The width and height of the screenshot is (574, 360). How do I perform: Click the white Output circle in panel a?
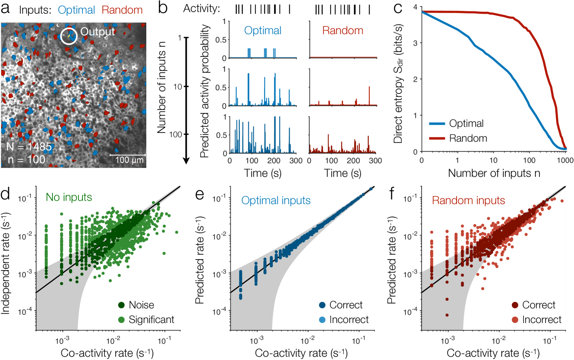(x=69, y=36)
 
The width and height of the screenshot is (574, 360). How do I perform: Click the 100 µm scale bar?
(x=128, y=155)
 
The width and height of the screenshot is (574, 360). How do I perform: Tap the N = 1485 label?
(x=29, y=147)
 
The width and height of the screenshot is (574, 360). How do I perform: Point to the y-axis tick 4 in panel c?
(x=415, y=7)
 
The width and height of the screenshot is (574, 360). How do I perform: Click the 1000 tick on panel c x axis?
(x=565, y=160)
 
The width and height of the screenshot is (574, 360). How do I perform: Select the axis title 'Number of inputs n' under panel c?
(x=494, y=173)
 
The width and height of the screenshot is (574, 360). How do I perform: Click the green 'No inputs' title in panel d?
(x=69, y=197)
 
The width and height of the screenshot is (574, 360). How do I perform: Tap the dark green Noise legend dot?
(x=121, y=305)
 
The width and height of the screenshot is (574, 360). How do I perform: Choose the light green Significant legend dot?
(x=121, y=320)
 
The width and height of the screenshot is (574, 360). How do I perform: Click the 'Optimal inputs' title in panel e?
(x=276, y=200)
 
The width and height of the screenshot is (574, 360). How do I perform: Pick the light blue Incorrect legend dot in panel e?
(x=322, y=320)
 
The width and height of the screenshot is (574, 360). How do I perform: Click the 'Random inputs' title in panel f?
(x=468, y=200)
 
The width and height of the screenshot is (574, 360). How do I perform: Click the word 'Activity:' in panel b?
(x=202, y=9)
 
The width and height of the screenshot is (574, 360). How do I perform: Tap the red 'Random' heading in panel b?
(x=342, y=30)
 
